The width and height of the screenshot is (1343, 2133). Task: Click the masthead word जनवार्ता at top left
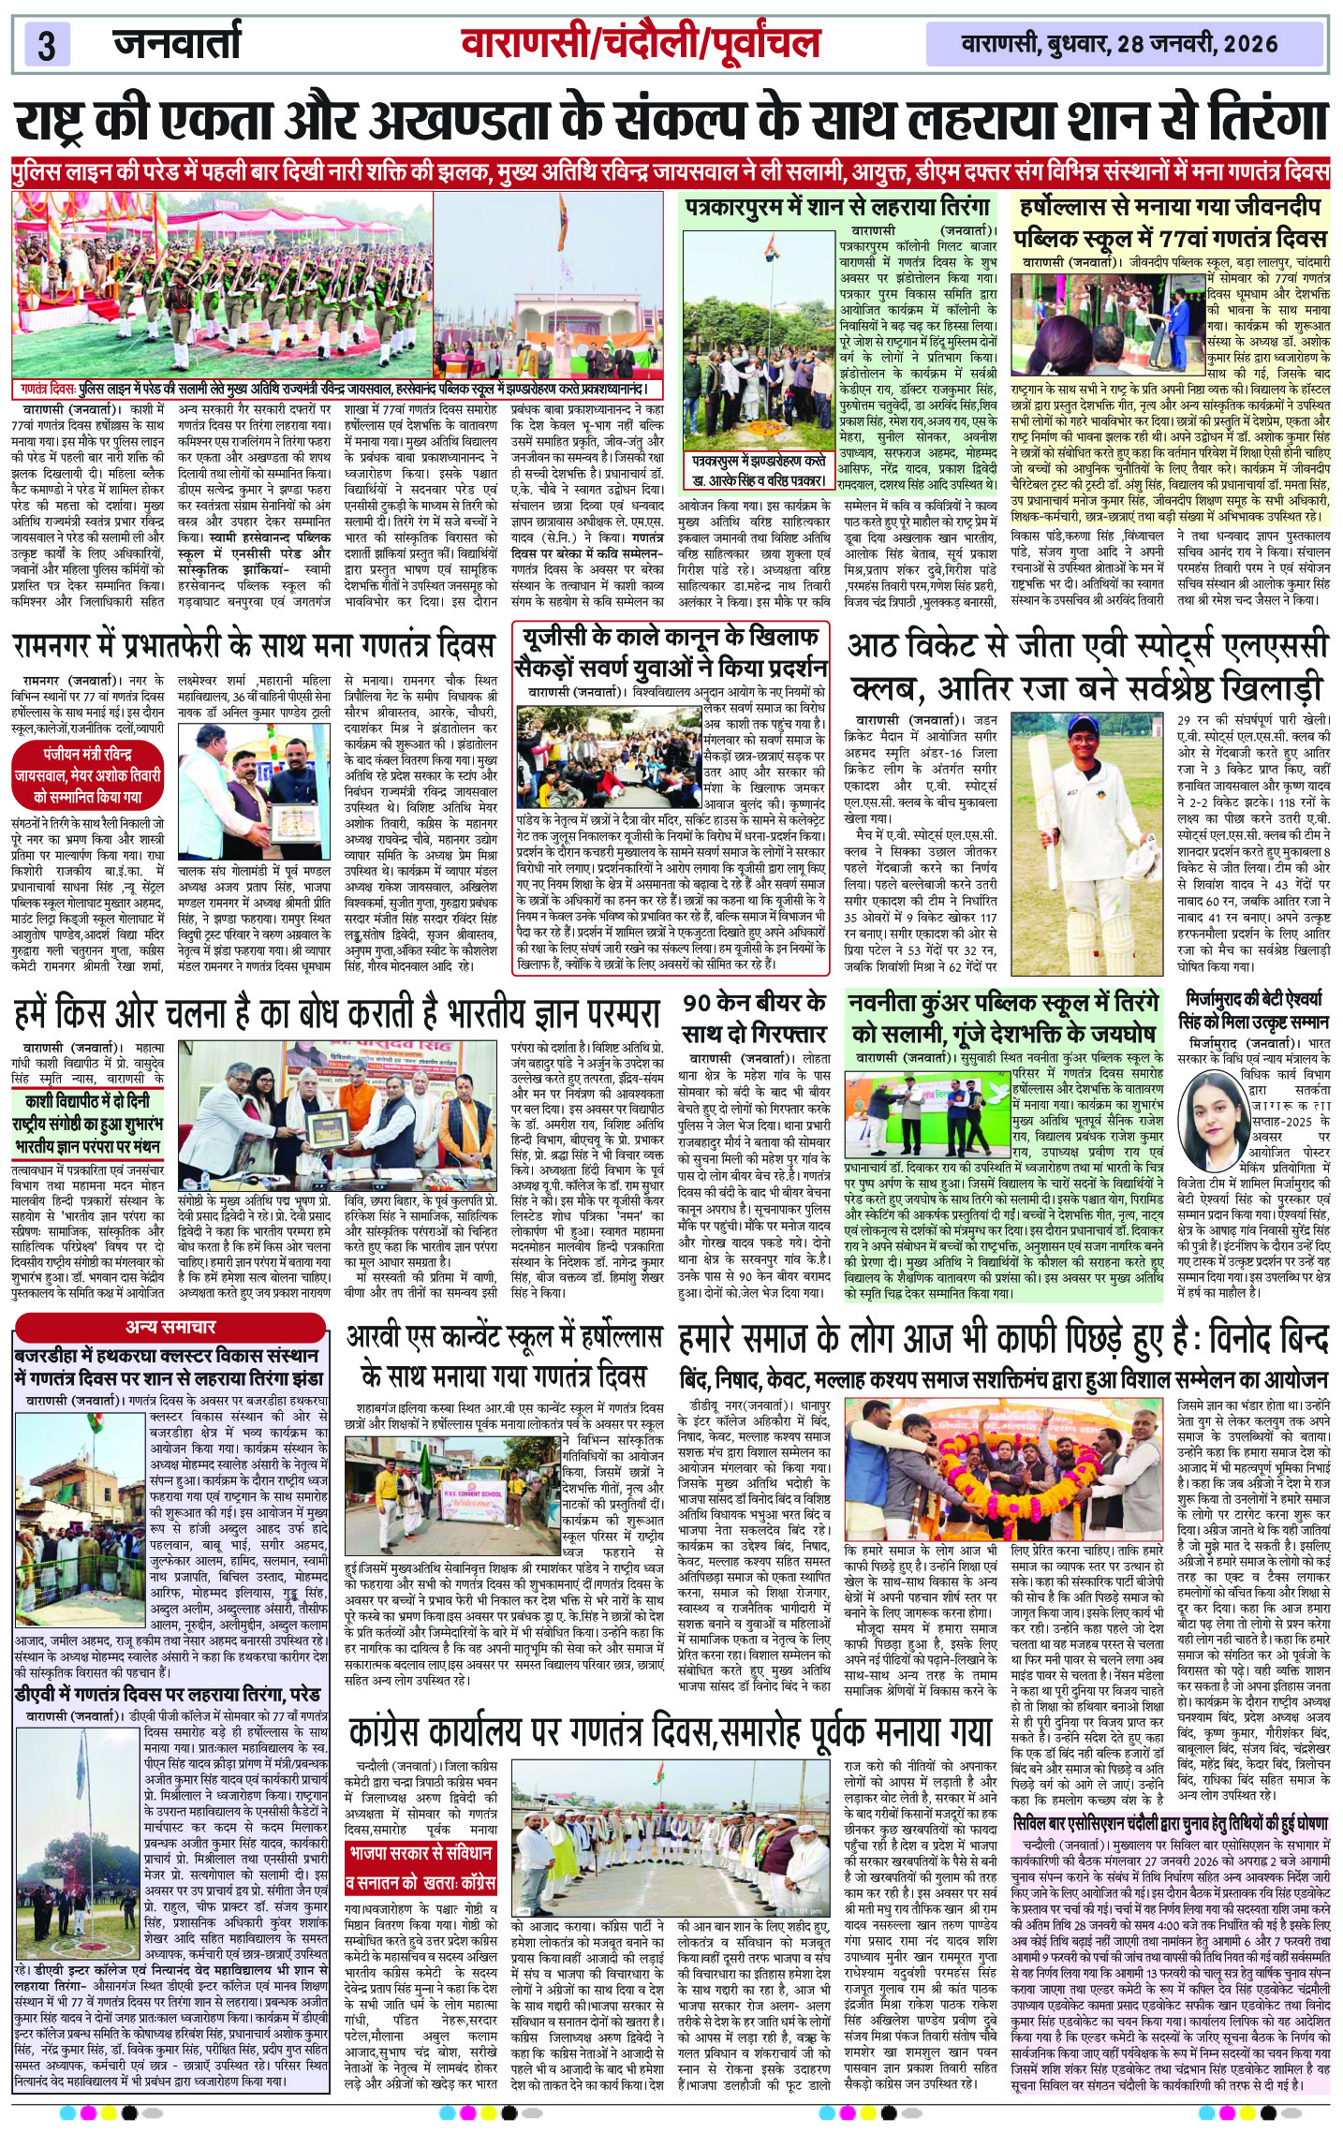coord(177,42)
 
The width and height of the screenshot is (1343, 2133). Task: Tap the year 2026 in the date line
coord(1249,44)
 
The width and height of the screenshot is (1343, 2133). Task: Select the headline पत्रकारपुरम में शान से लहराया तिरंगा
coord(837,207)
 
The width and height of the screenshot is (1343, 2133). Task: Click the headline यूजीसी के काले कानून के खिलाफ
coord(670,638)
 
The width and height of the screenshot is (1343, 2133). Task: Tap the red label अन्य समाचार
coord(170,1326)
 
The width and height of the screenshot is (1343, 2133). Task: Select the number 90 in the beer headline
coord(697,1003)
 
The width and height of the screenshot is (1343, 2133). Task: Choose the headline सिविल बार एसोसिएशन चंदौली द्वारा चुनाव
coord(1171,1824)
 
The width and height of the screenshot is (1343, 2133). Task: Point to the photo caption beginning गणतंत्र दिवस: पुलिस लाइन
coord(337,389)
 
